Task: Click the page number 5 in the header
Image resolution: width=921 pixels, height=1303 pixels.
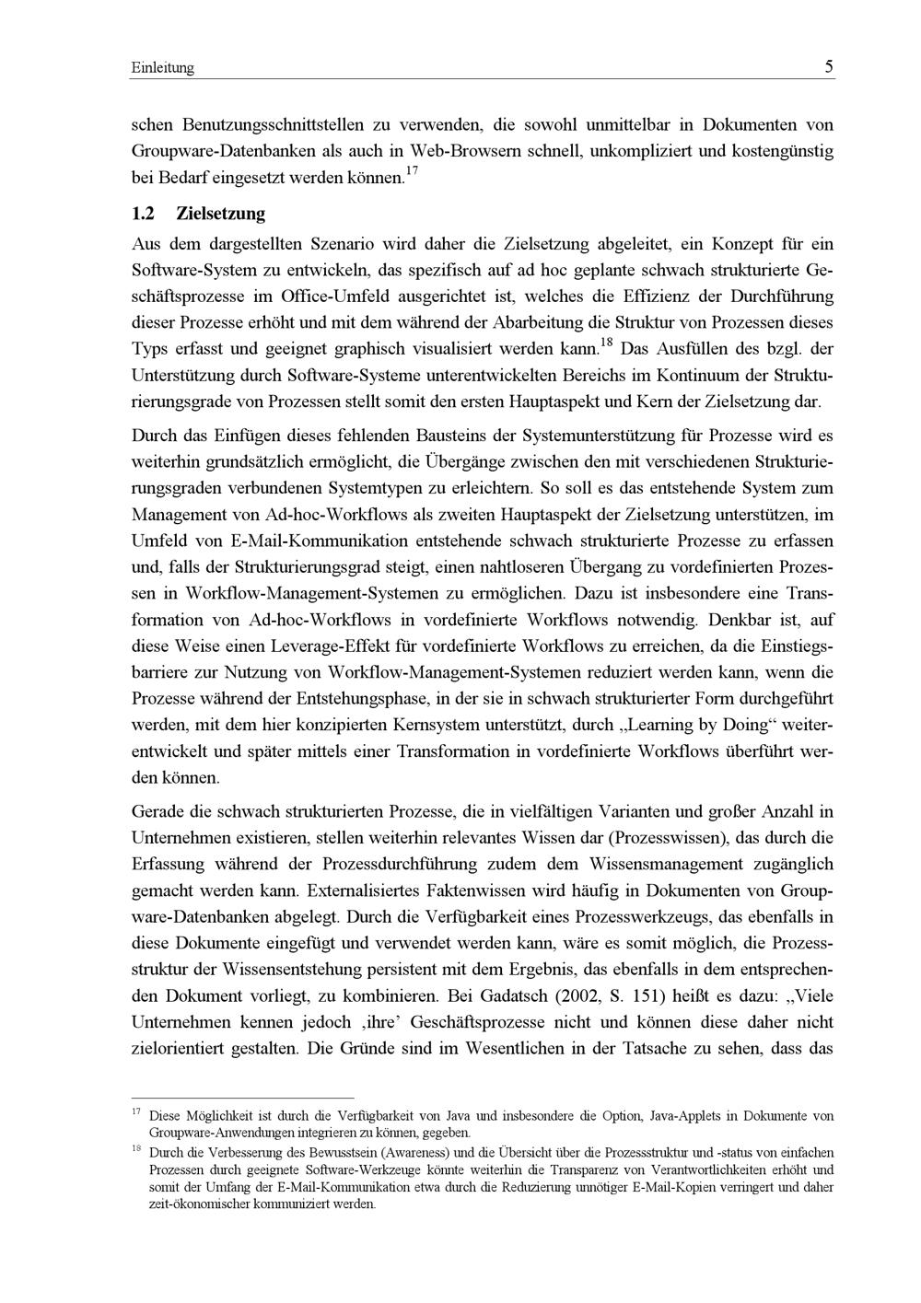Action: pos(829,67)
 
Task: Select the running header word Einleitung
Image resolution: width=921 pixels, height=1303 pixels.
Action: pos(163,69)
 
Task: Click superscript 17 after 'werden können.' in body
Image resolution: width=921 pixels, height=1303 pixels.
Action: pos(413,171)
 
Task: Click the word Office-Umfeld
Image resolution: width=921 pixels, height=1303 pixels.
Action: pos(336,297)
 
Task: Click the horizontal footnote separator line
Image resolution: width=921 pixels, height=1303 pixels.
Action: pos(243,1098)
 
